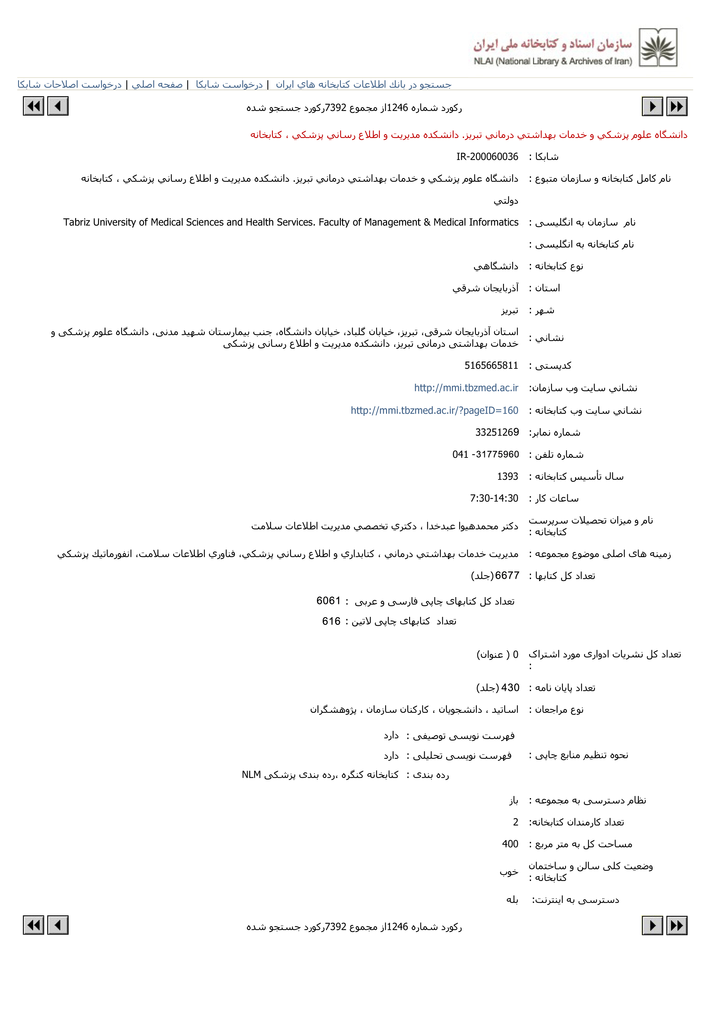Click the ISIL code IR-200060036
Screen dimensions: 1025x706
click(x=487, y=156)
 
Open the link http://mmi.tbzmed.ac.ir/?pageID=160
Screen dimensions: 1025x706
click(x=434, y=410)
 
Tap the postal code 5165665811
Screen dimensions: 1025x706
click(x=491, y=365)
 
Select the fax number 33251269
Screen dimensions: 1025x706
click(x=497, y=432)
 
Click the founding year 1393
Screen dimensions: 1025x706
click(x=507, y=476)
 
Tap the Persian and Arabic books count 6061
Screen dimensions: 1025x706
click(x=328, y=600)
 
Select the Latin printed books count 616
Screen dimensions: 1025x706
click(x=331, y=621)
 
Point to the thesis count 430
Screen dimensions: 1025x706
click(x=510, y=687)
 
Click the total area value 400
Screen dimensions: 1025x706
click(x=510, y=844)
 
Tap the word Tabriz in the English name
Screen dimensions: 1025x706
click(x=76, y=222)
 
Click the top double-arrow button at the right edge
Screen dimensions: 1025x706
click(x=677, y=107)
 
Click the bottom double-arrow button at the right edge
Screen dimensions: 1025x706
click(x=677, y=925)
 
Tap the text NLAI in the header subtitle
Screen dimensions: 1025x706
click(x=483, y=61)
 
